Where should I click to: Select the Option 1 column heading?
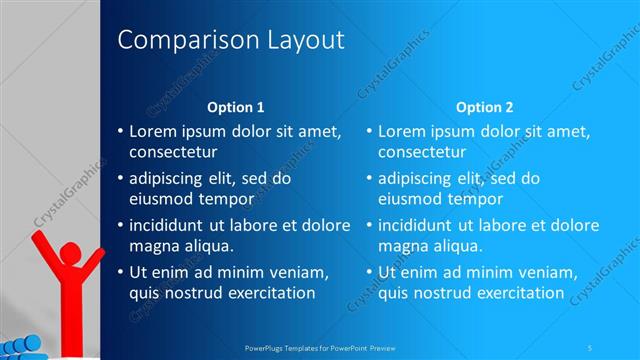click(x=235, y=107)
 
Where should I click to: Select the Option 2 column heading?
click(x=484, y=107)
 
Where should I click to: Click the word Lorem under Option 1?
click(x=153, y=131)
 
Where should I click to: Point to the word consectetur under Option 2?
click(x=421, y=152)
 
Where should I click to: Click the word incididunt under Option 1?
click(x=169, y=225)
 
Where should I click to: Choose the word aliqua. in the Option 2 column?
click(x=457, y=246)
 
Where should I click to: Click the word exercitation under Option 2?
click(x=520, y=293)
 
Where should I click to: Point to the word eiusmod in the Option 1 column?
click(x=160, y=199)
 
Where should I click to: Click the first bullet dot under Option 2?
click(x=369, y=132)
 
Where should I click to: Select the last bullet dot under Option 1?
click(x=120, y=273)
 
